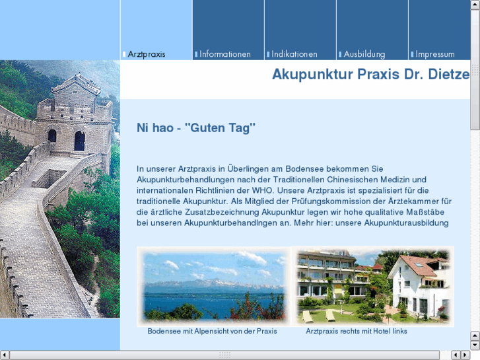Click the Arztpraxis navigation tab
tap(147, 54)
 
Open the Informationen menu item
tap(224, 54)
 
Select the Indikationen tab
tap(294, 54)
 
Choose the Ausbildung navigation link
tap(364, 54)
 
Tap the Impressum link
tap(434, 54)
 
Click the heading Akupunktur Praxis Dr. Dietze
tap(370, 74)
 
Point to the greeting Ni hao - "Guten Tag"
tap(195, 128)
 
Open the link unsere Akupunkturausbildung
tap(396, 223)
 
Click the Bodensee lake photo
tap(213, 286)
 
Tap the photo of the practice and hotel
tap(372, 286)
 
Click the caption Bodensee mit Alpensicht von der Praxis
tap(212, 331)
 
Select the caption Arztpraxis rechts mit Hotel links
tap(357, 331)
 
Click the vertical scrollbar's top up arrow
tap(475, 5)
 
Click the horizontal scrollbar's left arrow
tap(5, 355)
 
